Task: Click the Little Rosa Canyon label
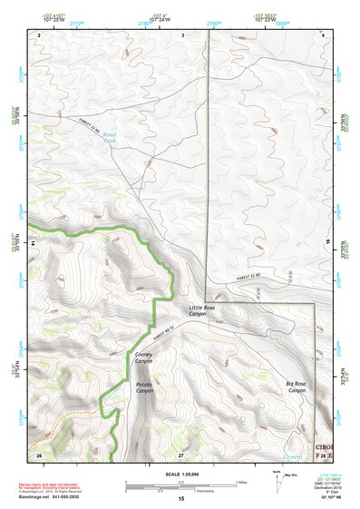201,313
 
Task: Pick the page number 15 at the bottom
180,499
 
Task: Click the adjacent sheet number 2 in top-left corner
40,34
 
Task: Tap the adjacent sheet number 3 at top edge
181,34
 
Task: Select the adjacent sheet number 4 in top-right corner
323,34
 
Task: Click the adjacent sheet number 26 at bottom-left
39,453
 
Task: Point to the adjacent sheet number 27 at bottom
180,453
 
